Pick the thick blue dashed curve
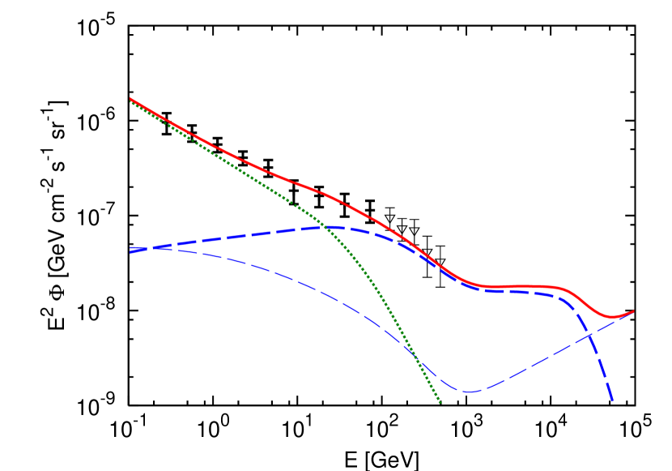pyautogui.click(x=243, y=234)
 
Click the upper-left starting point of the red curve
pyautogui.click(x=130, y=99)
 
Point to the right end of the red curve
pyautogui.click(x=633, y=311)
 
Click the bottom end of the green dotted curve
pyautogui.click(x=440, y=402)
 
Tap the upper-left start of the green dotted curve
pyautogui.click(x=130, y=102)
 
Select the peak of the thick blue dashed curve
pyautogui.click(x=336, y=228)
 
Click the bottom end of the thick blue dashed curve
pyautogui.click(x=612, y=400)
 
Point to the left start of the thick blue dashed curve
pyautogui.click(x=130, y=251)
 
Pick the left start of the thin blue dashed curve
pyautogui.click(x=130, y=247)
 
